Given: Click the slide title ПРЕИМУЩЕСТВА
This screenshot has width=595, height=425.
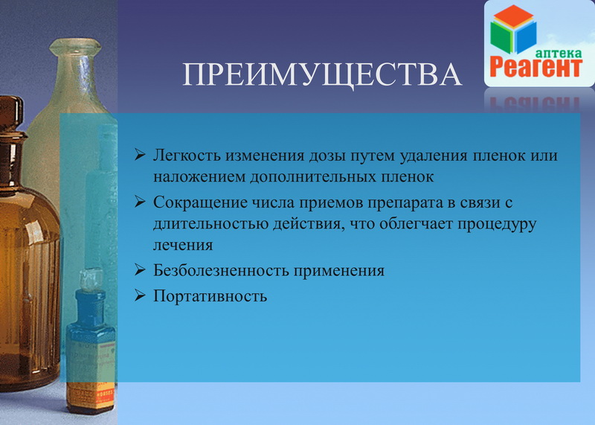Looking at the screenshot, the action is (322, 74).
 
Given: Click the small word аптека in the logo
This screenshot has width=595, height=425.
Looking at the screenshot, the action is (559, 53).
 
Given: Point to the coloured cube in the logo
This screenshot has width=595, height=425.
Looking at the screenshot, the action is (513, 29).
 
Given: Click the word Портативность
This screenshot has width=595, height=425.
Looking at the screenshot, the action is (210, 296).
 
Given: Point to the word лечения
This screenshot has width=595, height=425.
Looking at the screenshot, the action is (183, 245).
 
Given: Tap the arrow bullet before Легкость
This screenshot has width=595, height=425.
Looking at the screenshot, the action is (140, 155).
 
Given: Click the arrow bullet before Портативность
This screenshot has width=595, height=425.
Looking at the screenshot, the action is (140, 295).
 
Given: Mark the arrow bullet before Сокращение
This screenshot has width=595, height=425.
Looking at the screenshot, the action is (140, 201).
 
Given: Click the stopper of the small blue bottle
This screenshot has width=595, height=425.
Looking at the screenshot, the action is (90, 281).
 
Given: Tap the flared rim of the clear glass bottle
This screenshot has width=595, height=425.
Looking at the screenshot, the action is (75, 47).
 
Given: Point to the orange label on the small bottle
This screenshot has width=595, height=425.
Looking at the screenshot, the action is (90, 396).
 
